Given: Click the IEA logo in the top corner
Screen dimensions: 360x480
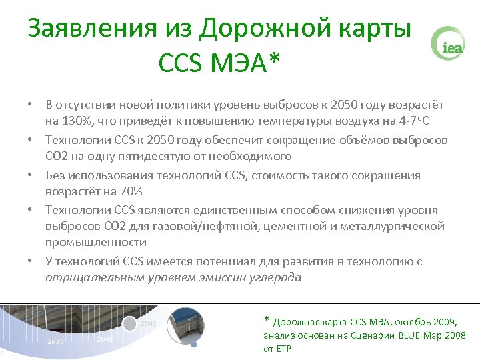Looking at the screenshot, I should coord(448,43).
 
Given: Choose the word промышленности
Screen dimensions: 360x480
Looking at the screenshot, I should coord(96,243).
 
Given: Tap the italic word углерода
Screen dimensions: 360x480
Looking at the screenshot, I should coord(275,277).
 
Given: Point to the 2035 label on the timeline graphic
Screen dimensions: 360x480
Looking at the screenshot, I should coord(56,341).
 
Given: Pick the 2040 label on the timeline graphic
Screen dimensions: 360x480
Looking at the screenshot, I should coord(105,339).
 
